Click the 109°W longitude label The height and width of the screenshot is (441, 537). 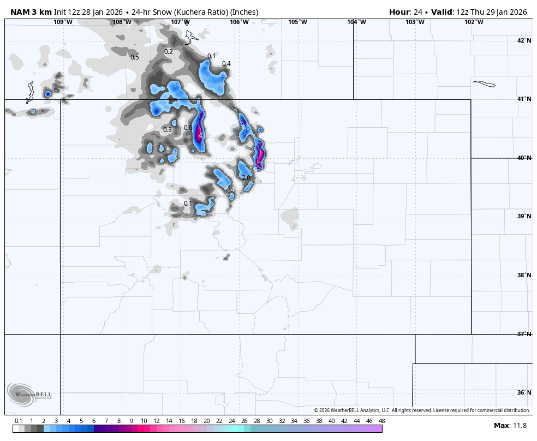(x=63, y=22)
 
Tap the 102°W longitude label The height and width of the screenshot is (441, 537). (x=474, y=22)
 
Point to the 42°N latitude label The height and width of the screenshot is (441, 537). (x=524, y=40)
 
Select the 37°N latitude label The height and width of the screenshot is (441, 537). (x=524, y=334)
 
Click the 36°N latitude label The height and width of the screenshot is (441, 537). (x=524, y=392)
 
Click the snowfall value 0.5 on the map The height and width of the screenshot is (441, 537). (x=134, y=57)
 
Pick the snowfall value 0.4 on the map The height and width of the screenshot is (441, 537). (x=226, y=64)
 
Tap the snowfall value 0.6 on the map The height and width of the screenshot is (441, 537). (x=188, y=128)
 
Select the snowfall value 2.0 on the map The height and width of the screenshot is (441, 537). (x=246, y=178)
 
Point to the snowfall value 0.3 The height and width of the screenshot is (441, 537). (x=168, y=130)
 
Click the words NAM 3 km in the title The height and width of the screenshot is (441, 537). (x=31, y=12)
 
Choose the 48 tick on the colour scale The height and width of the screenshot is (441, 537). (x=381, y=421)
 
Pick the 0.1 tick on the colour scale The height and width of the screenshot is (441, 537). (x=19, y=421)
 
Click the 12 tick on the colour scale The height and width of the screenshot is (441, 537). (x=156, y=421)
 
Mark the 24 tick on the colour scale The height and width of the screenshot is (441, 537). (x=231, y=421)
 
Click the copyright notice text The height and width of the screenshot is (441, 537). (x=422, y=410)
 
